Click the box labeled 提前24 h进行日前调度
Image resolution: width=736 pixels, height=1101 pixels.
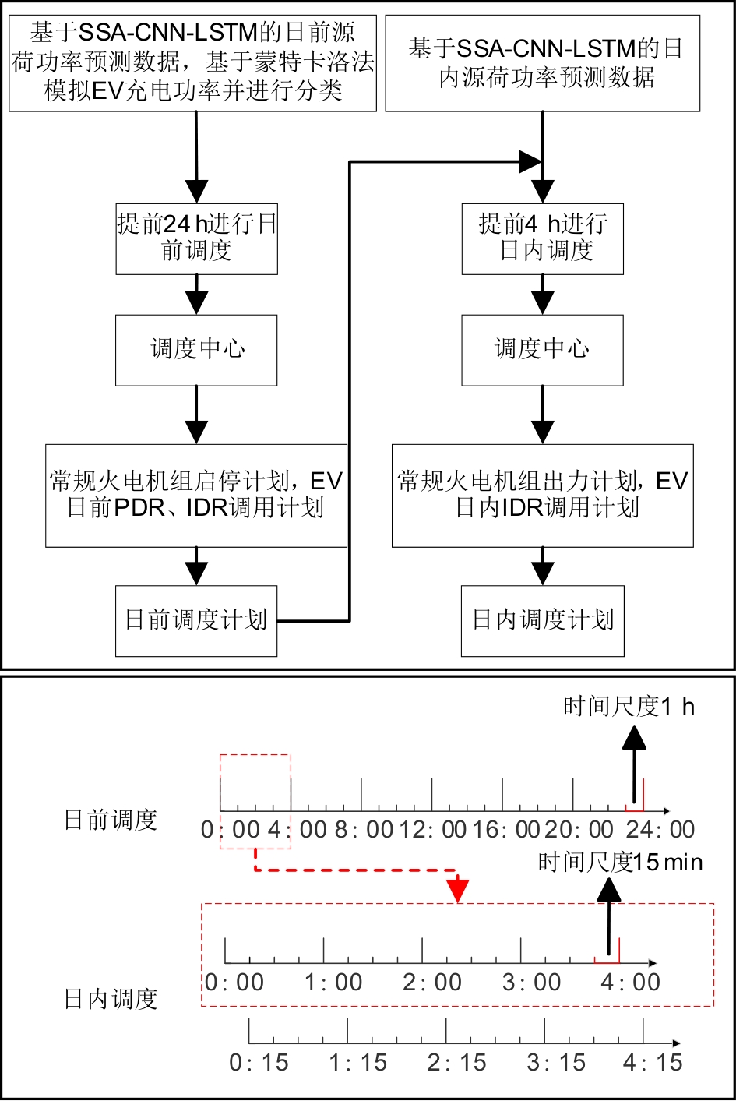[196, 238]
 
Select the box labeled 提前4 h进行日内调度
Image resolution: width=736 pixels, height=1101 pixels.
[542, 238]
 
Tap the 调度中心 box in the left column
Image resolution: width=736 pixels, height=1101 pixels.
[196, 350]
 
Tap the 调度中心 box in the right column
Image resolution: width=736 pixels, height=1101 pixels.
[542, 350]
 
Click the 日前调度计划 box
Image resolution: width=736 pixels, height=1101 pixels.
[196, 620]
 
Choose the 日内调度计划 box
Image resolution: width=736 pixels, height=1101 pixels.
[542, 620]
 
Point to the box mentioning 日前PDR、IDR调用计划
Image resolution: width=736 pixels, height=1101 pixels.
[196, 495]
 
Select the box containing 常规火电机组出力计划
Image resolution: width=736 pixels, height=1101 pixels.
[542, 495]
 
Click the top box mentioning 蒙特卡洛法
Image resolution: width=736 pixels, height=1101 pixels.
[192, 62]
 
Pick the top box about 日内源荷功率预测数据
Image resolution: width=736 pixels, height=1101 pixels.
[543, 62]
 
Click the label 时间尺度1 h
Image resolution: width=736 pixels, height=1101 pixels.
[629, 707]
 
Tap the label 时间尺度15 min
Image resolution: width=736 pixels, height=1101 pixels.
[620, 863]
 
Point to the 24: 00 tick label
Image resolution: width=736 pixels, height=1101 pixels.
[660, 830]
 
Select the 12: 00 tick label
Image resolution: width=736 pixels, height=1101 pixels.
[433, 830]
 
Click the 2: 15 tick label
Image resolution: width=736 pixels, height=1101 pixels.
[456, 1063]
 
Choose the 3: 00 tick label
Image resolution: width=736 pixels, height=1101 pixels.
[531, 983]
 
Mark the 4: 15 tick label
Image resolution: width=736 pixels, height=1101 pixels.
[653, 1063]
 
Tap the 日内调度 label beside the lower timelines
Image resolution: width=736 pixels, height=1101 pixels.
[111, 999]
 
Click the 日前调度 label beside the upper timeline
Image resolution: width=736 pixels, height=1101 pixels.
[111, 820]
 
